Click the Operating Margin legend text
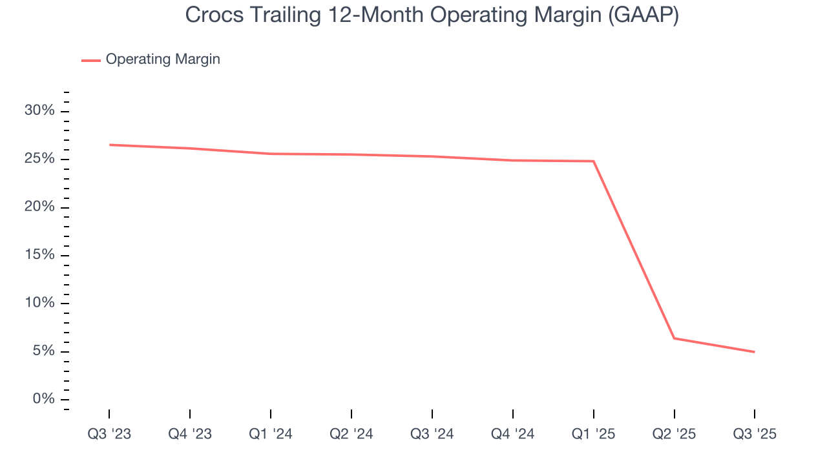163,59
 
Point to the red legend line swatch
90,60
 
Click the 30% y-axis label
39,111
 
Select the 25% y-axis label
39,160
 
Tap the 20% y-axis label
39,207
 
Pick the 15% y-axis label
39,255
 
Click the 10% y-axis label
39,304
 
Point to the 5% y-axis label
43,351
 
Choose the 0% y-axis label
43,399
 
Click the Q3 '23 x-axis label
109,435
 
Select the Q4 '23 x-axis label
190,435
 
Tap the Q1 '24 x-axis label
271,435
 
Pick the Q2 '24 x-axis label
351,435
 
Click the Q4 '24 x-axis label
513,435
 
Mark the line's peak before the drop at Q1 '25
593,161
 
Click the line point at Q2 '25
674,338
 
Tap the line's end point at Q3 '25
754,352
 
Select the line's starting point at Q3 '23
110,145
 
